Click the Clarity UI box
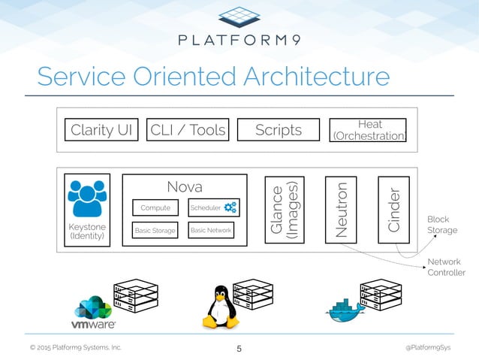coord(101,130)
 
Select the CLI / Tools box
coord(188,130)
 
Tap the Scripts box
coord(279,130)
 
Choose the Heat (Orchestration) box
coord(369,130)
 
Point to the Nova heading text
coord(184,185)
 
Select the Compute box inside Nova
coord(155,207)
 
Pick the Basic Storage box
coord(155,231)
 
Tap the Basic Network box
coord(211,231)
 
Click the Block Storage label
coord(442,225)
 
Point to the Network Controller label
coord(446,267)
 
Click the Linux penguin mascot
coord(220,307)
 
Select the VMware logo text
coord(93,325)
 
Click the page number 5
coord(239,348)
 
